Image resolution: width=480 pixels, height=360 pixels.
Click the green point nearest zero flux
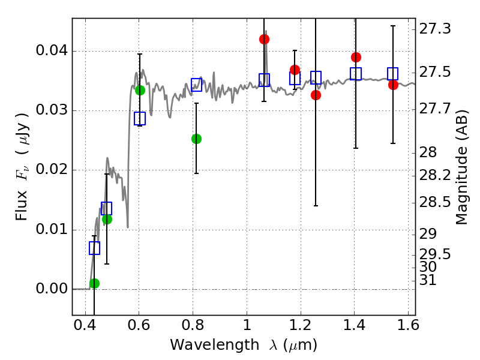[94, 283]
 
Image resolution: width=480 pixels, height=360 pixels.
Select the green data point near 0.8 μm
[196, 139]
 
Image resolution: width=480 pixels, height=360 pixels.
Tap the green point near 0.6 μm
[140, 90]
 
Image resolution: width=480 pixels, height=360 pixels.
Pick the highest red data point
[264, 39]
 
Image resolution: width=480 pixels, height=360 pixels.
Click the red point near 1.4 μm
[356, 57]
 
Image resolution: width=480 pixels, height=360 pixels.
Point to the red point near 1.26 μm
[316, 95]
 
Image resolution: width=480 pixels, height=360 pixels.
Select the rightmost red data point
[393, 85]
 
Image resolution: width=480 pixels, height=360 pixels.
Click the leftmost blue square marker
[94, 248]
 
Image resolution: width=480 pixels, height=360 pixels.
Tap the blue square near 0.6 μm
[140, 118]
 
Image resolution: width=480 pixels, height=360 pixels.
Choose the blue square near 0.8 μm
[196, 84]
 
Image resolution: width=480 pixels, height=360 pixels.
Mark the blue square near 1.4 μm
[356, 74]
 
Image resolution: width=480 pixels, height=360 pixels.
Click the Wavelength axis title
[243, 345]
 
